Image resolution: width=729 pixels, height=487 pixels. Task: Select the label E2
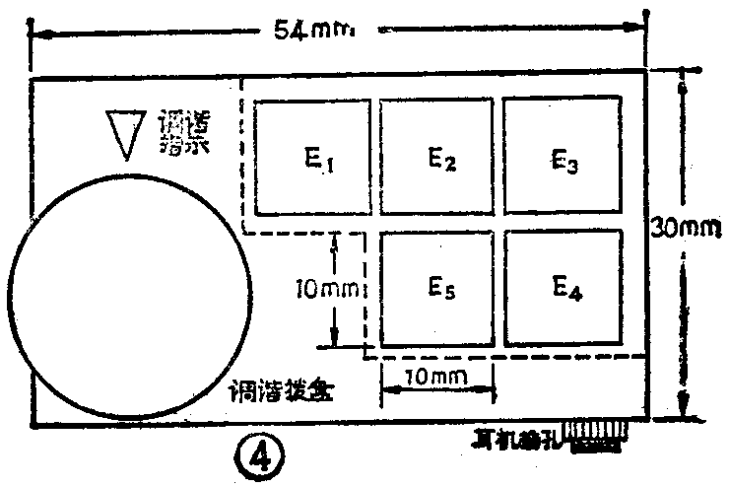[x=440, y=159]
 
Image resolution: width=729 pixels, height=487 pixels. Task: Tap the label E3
[x=564, y=159]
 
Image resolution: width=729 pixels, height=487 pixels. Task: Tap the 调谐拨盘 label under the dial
[x=282, y=388]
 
